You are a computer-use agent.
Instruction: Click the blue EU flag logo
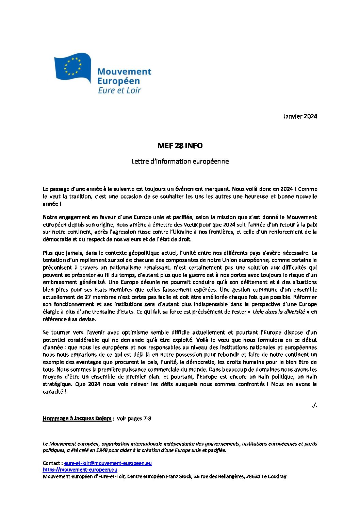pos(72,67)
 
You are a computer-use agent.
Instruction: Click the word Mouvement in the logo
pos(124,72)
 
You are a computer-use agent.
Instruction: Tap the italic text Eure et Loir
pos(119,90)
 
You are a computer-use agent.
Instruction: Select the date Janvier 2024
pos(300,116)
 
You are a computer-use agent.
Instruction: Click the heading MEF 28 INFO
pos(180,146)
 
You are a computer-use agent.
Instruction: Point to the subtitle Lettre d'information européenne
pos(180,162)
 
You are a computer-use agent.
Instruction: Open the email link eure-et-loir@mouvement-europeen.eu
pos(108,463)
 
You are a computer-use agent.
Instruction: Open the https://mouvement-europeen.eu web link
pos(80,470)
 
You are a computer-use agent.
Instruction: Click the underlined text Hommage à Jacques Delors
pos(77,419)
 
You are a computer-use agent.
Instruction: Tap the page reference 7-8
pos(147,419)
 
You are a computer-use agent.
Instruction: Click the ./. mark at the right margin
pos(314,405)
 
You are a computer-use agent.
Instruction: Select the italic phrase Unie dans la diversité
pos(279,312)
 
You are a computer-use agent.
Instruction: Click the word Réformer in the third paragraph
pos(305,297)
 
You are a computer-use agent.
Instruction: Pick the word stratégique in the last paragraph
pos(57,384)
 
